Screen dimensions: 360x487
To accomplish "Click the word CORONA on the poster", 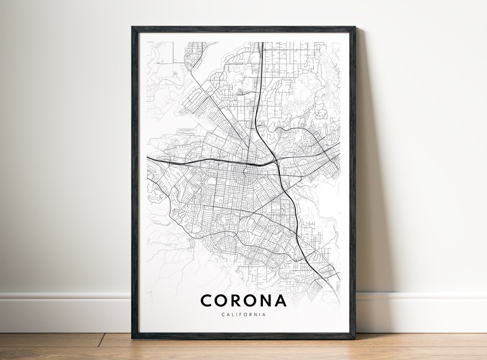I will tap(243, 301).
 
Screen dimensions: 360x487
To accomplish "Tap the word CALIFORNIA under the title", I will tap(243, 314).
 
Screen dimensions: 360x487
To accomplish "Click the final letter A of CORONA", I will tap(280, 301).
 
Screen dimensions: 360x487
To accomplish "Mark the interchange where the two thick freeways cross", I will tap(276, 161).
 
